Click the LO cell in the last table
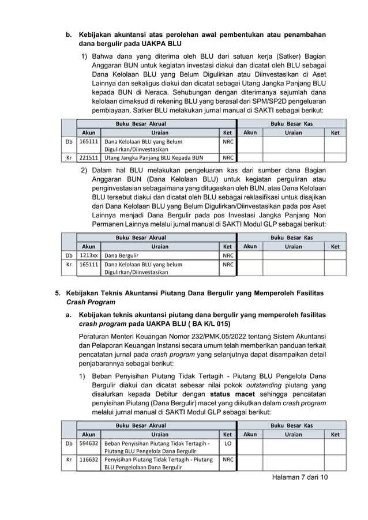pyautogui.click(x=228, y=443)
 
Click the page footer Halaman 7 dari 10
pyautogui.click(x=299, y=478)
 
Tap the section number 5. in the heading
pyautogui.click(x=58, y=292)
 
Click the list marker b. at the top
pyautogui.click(x=67, y=33)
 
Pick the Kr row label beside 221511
pyautogui.click(x=69, y=156)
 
